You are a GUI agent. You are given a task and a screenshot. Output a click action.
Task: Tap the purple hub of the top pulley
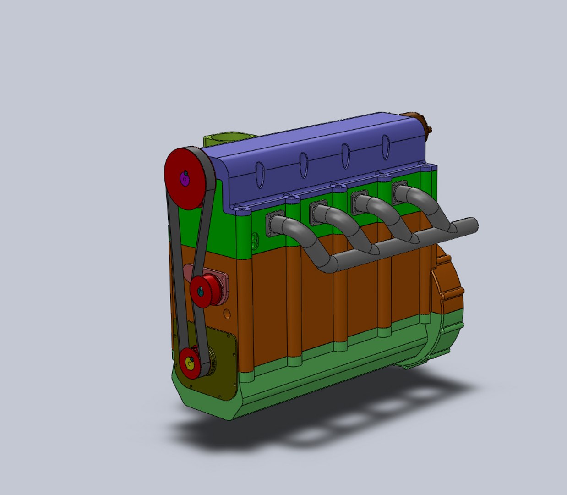point(185,179)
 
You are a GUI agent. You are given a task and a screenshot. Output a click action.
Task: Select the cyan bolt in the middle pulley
point(200,290)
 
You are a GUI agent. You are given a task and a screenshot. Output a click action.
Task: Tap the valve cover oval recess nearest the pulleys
point(260,174)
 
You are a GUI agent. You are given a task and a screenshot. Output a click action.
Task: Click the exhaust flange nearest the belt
point(275,223)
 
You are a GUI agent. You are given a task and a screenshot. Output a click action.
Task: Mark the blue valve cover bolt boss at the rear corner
point(428,167)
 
